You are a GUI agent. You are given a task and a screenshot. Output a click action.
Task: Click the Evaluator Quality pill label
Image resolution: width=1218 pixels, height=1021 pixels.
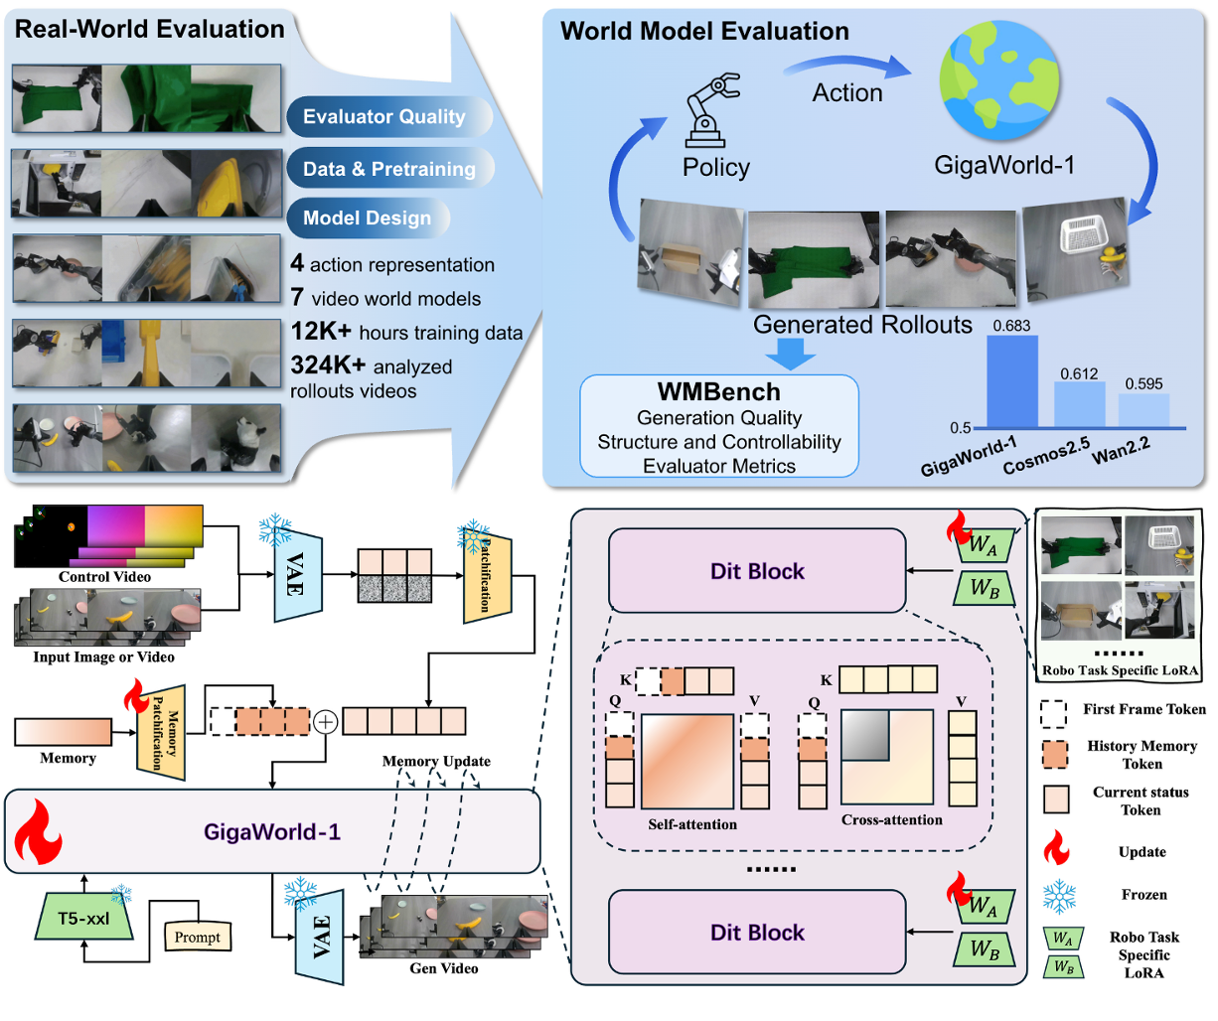(x=389, y=116)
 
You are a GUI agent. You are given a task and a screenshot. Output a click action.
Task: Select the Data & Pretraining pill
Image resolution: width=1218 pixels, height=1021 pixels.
(x=390, y=169)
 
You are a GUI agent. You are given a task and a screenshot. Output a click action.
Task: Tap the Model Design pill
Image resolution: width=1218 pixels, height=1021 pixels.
(x=369, y=219)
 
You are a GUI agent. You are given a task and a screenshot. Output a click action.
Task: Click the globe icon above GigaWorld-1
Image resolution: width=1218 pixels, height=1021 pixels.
(x=999, y=79)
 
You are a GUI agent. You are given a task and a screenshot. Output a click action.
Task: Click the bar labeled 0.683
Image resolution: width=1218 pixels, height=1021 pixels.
(x=1012, y=381)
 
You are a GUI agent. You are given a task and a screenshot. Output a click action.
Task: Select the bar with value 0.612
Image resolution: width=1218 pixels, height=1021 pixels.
(x=1079, y=404)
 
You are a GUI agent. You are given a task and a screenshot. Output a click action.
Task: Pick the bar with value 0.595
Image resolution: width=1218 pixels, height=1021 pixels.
(x=1143, y=410)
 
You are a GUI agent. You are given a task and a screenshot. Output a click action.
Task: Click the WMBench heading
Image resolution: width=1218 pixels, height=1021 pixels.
(x=718, y=392)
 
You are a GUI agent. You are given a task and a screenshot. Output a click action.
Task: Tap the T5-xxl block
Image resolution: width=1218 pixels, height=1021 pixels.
(x=84, y=919)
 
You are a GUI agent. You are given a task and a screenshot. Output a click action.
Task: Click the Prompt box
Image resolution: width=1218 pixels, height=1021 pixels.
(x=198, y=937)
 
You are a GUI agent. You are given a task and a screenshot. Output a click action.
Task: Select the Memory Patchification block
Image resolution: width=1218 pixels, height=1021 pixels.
(x=161, y=733)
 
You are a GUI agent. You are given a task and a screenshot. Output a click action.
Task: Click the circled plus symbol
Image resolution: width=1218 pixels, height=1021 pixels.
(x=326, y=722)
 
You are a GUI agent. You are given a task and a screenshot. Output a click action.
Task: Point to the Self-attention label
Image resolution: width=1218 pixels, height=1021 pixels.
(x=692, y=824)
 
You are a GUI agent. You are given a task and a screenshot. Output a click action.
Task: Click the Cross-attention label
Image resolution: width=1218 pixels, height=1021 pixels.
(x=892, y=819)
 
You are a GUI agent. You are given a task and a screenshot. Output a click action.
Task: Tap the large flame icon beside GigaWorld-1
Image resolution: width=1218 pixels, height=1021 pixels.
(x=38, y=831)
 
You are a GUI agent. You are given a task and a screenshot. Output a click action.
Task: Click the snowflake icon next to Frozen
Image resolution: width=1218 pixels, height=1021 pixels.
(x=1059, y=896)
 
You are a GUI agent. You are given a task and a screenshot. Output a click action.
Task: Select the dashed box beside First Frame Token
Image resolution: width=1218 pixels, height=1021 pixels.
(x=1053, y=714)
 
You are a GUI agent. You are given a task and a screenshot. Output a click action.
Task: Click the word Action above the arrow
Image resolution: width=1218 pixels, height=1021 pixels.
(x=847, y=92)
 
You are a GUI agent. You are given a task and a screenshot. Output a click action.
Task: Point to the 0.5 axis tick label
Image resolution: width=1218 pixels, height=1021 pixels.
(x=960, y=428)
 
